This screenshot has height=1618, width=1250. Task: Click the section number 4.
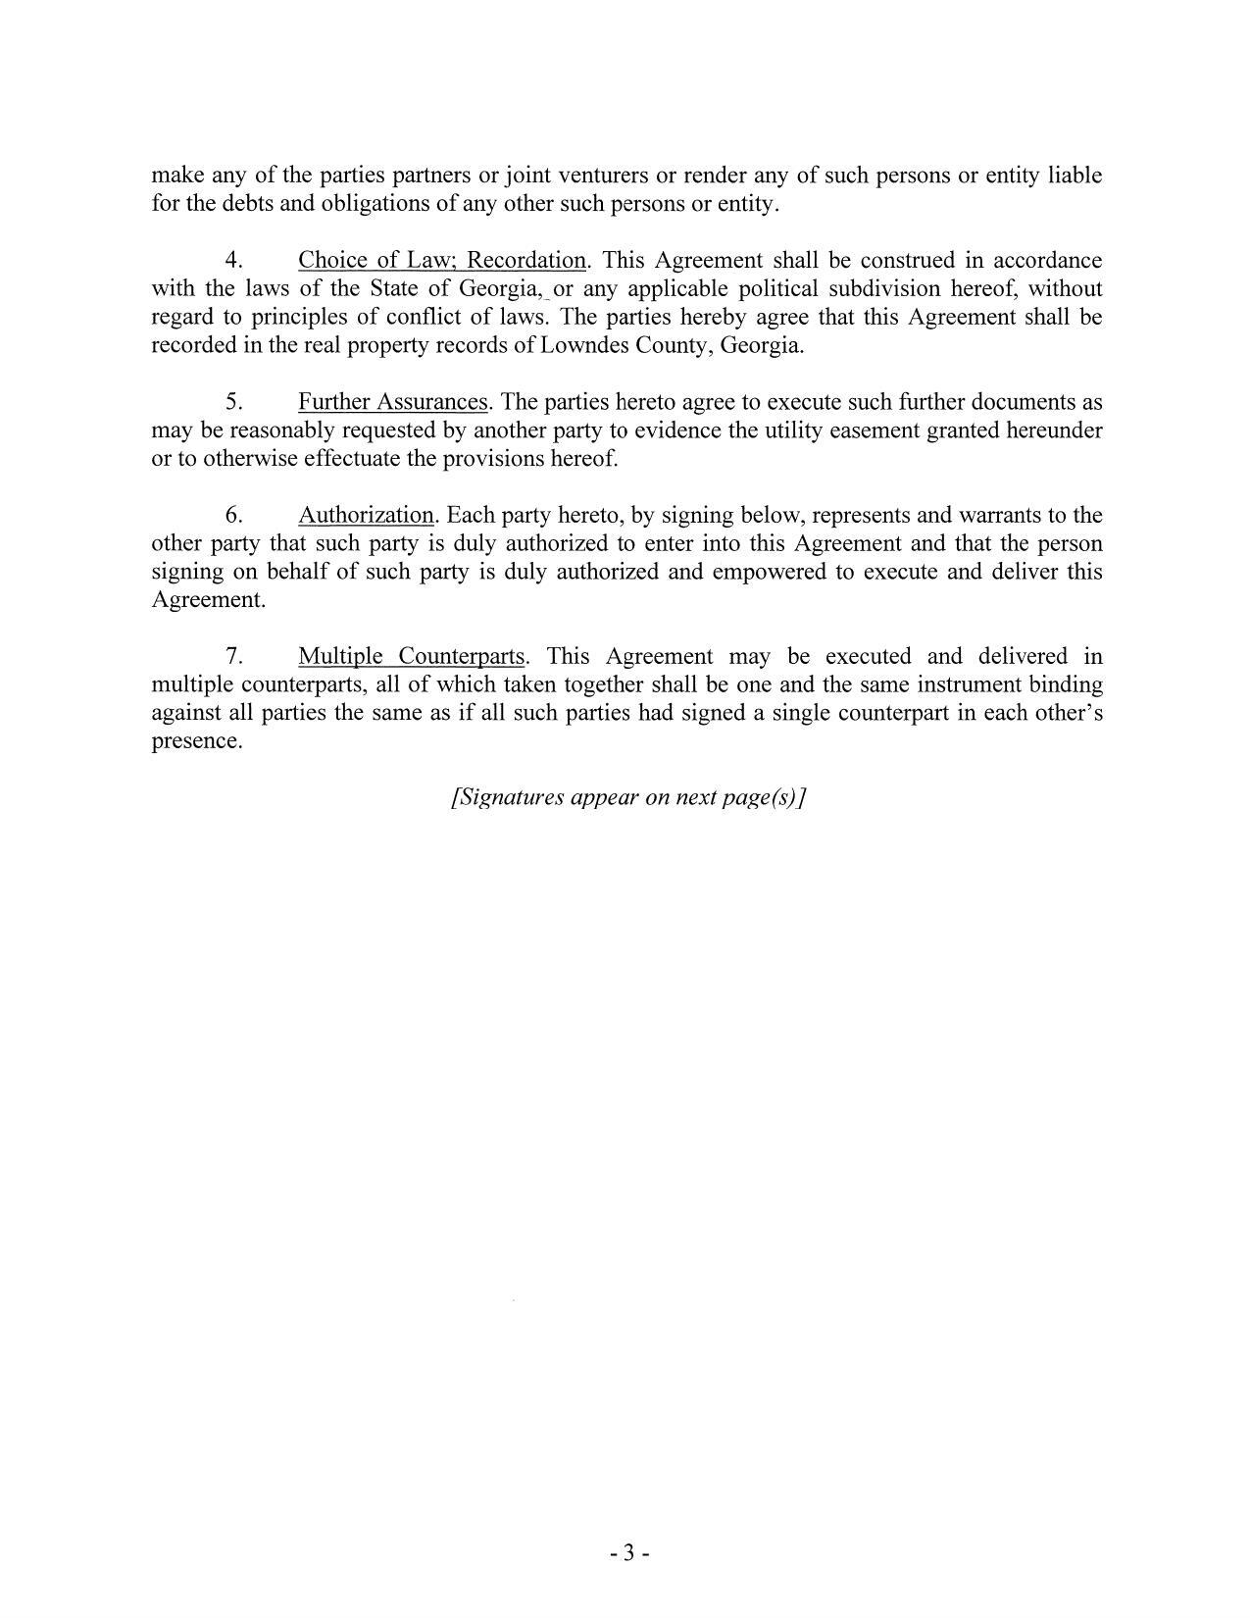(233, 261)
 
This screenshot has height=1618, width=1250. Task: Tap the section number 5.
(233, 402)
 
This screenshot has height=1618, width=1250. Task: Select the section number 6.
(233, 516)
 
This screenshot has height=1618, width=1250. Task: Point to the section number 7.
(233, 657)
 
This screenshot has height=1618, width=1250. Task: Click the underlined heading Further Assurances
(393, 402)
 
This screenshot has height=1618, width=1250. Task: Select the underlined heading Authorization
(366, 516)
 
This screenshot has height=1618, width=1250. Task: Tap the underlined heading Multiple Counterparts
(412, 657)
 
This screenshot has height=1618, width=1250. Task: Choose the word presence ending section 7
(196, 741)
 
